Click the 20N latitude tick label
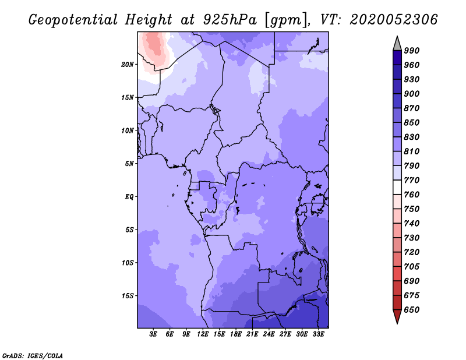[128, 64]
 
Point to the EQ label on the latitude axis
[129, 196]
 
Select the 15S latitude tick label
[128, 295]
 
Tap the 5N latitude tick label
[129, 163]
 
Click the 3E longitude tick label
[154, 334]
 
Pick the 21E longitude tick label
[252, 334]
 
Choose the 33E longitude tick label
[318, 334]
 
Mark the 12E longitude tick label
[203, 334]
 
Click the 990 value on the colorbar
[412, 51]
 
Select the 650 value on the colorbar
[412, 310]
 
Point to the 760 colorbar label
[412, 195]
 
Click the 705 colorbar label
[412, 267]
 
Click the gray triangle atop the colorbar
[397, 43]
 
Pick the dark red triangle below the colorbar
[397, 316]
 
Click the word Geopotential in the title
[69, 20]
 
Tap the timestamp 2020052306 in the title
[394, 20]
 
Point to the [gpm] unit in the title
[284, 20]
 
